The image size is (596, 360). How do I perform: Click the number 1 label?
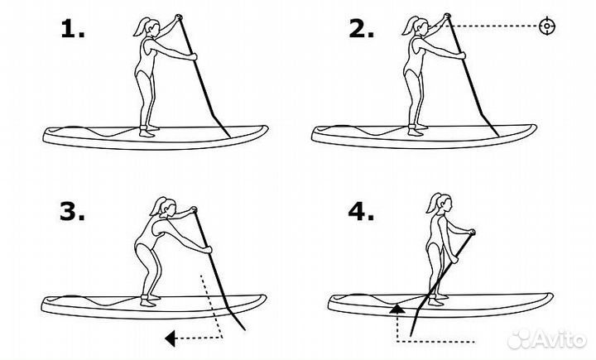pyautogui.click(x=72, y=29)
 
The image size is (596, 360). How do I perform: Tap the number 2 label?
pyautogui.click(x=361, y=29)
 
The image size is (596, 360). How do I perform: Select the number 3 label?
pyautogui.click(x=72, y=211)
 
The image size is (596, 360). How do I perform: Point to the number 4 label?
pyautogui.click(x=361, y=211)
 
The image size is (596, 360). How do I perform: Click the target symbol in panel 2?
pyautogui.click(x=547, y=26)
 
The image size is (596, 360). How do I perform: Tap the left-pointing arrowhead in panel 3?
pyautogui.click(x=170, y=338)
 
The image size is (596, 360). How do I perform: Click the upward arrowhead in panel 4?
pyautogui.click(x=397, y=309)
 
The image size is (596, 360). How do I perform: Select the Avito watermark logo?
pyautogui.click(x=547, y=339)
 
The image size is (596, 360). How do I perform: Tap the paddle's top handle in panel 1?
pyautogui.click(x=178, y=17)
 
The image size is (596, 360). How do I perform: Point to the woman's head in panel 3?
pyautogui.click(x=168, y=207)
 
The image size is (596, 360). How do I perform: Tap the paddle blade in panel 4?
pyautogui.click(x=416, y=321)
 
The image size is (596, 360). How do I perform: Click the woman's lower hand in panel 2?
pyautogui.click(x=461, y=56)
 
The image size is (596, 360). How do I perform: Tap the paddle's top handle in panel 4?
pyautogui.click(x=472, y=232)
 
